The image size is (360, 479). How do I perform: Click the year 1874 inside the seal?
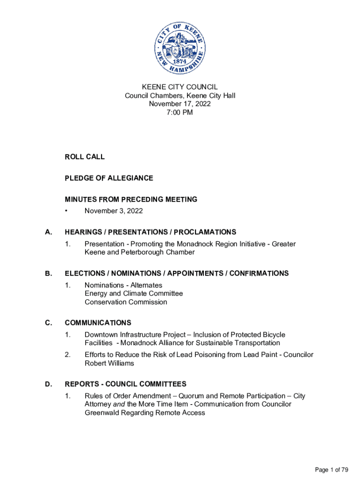click(x=180, y=61)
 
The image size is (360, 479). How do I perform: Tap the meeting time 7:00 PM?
click(x=180, y=112)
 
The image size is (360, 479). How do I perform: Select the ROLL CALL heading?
click(x=85, y=157)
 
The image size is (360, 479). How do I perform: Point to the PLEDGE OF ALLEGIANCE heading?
click(x=109, y=178)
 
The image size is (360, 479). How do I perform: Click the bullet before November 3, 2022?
click(x=67, y=211)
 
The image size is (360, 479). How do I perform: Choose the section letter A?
click(x=48, y=232)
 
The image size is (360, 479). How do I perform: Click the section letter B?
click(x=48, y=273)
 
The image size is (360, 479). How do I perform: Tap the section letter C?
click(x=48, y=323)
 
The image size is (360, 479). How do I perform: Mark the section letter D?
click(x=48, y=384)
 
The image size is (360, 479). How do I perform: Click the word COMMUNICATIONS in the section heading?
click(x=98, y=323)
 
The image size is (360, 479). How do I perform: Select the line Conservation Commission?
click(x=126, y=302)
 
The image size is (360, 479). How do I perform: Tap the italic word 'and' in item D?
click(x=119, y=404)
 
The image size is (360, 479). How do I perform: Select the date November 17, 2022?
click(x=180, y=104)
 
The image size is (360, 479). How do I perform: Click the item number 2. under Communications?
click(x=68, y=355)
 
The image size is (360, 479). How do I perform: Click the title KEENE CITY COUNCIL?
click(x=180, y=87)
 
